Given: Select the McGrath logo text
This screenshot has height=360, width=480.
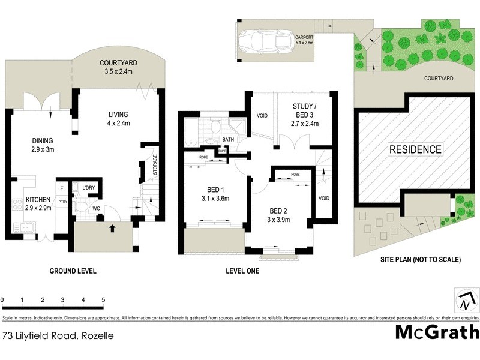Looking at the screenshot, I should (x=437, y=332).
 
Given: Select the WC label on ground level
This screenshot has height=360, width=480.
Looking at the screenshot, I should (x=95, y=208).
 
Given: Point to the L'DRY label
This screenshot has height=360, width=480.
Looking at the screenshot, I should (x=89, y=188).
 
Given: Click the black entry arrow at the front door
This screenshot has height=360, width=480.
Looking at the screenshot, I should (x=112, y=227).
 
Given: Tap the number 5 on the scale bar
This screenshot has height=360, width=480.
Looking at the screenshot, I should (x=103, y=299).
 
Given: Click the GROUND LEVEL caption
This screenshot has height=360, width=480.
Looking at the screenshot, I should (x=72, y=271).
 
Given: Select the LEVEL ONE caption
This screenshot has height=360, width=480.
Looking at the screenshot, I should (x=242, y=271).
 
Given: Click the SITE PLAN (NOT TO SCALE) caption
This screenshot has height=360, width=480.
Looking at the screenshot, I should (x=420, y=260).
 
